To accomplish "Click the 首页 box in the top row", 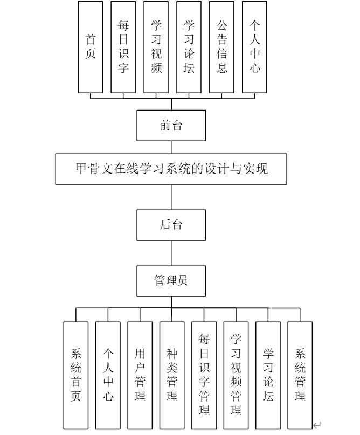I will (x=90, y=47).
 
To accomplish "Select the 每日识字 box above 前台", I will (x=123, y=47).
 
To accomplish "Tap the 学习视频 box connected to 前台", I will (x=156, y=47).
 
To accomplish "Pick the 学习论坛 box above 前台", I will (x=189, y=47).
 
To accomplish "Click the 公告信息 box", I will (x=221, y=47).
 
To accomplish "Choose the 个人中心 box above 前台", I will (x=255, y=47).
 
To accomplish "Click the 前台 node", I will (x=171, y=126).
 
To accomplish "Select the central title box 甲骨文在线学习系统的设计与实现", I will (x=171, y=169).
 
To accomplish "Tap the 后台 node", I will (x=171, y=225).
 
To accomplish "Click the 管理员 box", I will (x=171, y=280).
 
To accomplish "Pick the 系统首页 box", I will (x=76, y=375).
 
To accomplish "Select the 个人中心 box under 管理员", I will (x=108, y=375).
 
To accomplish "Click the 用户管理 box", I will (x=140, y=375).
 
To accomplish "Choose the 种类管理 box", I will (x=172, y=375).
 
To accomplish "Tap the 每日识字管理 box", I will (x=204, y=375).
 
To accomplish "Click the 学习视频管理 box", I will (x=236, y=375).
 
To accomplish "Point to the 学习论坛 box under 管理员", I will (x=268, y=375).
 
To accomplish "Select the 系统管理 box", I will (x=300, y=375).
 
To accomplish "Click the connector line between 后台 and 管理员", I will (x=171, y=253).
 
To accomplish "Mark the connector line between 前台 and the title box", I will (x=171, y=147).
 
